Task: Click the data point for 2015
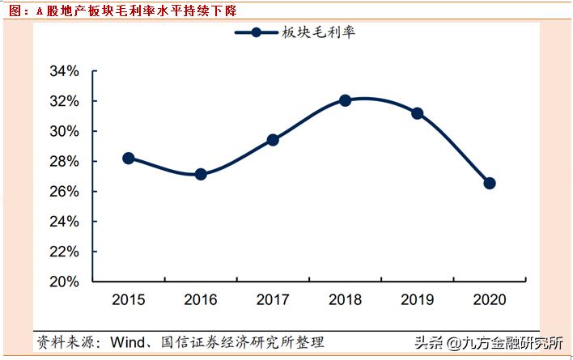[x=128, y=159]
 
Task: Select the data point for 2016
[x=201, y=174]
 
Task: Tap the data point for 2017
[x=273, y=140]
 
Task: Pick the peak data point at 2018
[x=345, y=100]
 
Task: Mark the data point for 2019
[x=418, y=113]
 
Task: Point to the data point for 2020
[x=490, y=183]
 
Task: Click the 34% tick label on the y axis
[x=64, y=71]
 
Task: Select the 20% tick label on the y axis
[x=64, y=282]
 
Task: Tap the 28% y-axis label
[x=64, y=162]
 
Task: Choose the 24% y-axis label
[x=64, y=222]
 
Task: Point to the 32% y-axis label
[x=64, y=101]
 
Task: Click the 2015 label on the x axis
[x=128, y=300]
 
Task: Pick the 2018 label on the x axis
[x=345, y=300]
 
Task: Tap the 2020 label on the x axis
[x=490, y=300]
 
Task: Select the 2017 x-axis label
[x=273, y=300]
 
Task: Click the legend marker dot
[x=257, y=33]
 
